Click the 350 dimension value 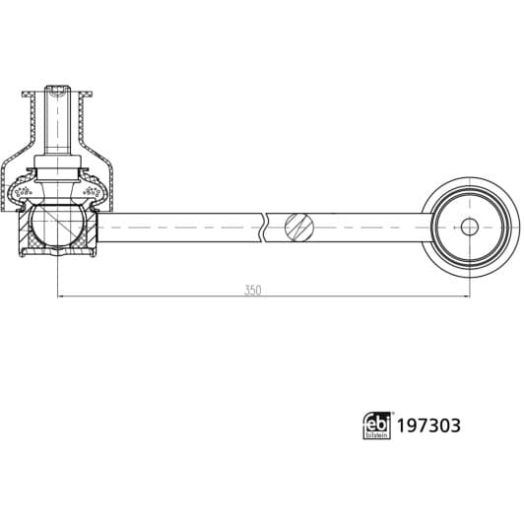253,291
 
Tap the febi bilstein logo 376,425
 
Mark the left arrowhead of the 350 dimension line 61,295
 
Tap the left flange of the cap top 27,97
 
